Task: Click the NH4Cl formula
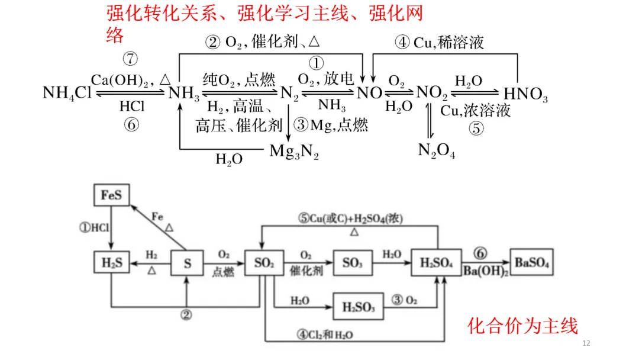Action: coord(67,93)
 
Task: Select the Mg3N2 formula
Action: coord(294,152)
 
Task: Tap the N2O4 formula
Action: coord(437,151)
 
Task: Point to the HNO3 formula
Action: coord(525,94)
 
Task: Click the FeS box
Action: coord(111,195)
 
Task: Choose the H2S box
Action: coord(111,263)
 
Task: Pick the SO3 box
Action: coord(352,263)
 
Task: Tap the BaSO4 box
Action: coord(532,263)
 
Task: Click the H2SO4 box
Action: coord(436,263)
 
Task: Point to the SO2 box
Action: coord(263,263)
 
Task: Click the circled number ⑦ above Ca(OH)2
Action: coord(130,59)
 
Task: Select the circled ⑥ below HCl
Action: coord(130,126)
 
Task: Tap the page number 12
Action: coord(587,343)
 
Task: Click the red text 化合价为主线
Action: coord(522,326)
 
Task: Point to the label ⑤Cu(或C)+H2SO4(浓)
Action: coord(350,218)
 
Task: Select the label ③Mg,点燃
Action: coord(331,125)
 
